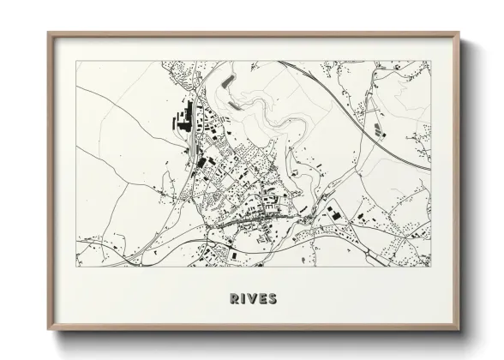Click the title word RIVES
coord(253,298)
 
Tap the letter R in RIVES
coord(235,298)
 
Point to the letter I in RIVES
coord(244,298)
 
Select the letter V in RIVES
coord(252,298)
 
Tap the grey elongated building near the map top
coord(229,81)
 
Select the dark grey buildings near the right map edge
coord(377,131)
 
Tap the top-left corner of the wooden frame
coord(49,33)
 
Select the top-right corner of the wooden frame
coord(457,33)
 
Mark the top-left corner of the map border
coord(76,61)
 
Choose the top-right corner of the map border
coord(430,61)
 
